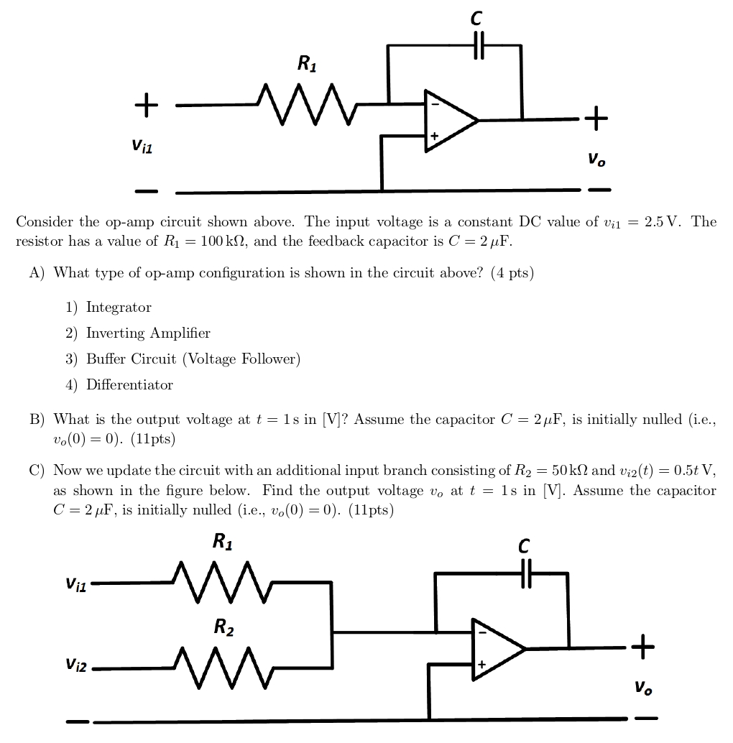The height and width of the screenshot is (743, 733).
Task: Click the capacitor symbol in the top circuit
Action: coord(479,45)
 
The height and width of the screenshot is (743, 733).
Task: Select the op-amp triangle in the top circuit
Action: coord(448,121)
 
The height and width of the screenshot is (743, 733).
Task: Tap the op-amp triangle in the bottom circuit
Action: coord(496,648)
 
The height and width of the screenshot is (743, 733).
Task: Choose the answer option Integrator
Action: coord(119,308)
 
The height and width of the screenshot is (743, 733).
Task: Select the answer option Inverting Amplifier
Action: coord(148,333)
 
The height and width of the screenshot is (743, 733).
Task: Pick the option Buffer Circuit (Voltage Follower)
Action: coord(193,359)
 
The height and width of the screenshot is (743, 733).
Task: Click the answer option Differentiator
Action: coord(129,384)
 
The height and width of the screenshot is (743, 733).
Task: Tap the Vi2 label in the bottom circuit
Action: coord(75,666)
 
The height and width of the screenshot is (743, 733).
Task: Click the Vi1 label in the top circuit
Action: coord(142,147)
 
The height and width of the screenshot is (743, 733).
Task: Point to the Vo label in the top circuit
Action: coord(596,160)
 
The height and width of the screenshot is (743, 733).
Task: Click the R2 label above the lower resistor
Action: coord(223,627)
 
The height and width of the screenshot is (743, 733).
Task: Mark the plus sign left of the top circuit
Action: coord(146,105)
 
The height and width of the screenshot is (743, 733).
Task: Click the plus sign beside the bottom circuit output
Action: coord(643,647)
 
